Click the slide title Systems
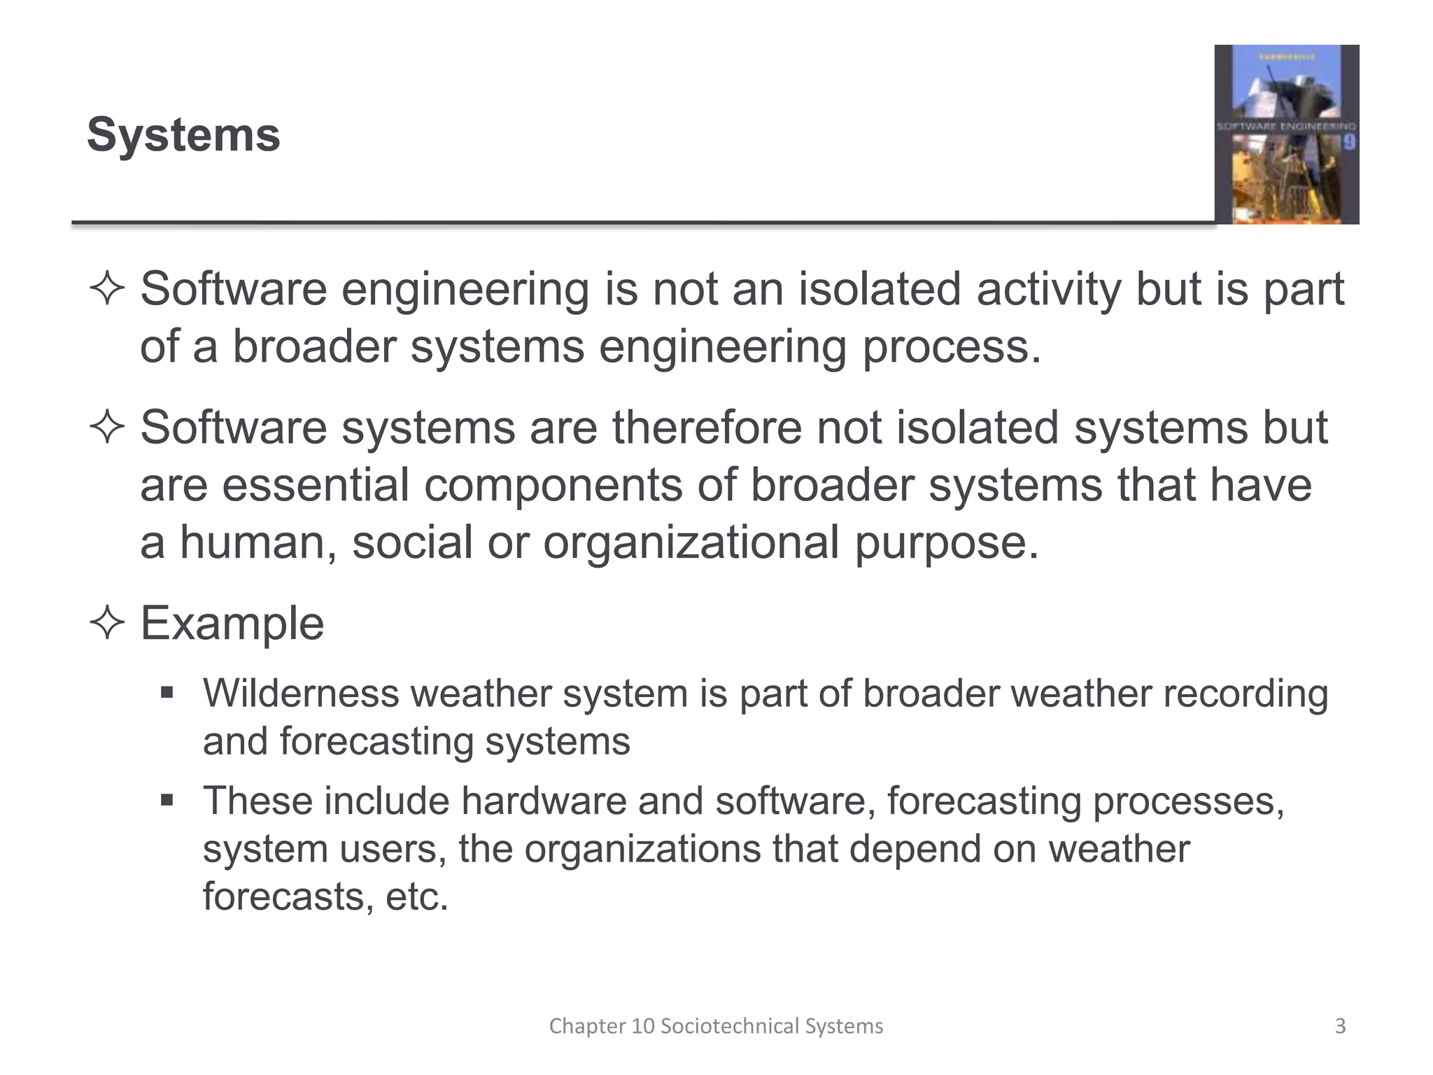[183, 134]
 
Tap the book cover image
[1286, 134]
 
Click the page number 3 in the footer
[1340, 1026]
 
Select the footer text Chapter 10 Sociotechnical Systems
[716, 1026]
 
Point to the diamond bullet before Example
[107, 623]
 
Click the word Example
[232, 623]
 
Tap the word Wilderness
[300, 694]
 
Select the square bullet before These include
[167, 800]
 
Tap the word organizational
[691, 542]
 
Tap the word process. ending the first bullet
[952, 346]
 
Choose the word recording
[1245, 695]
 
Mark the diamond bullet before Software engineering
[107, 289]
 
